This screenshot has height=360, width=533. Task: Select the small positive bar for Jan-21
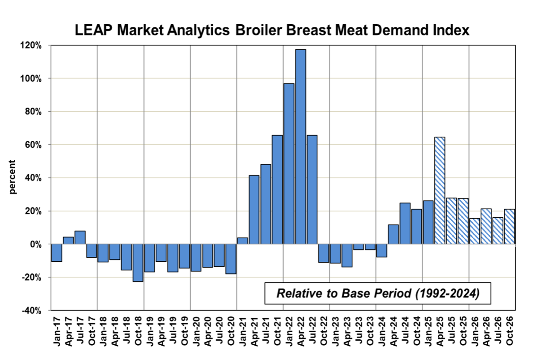pyautogui.click(x=243, y=241)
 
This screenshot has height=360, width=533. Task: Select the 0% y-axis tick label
pyautogui.click(x=36, y=244)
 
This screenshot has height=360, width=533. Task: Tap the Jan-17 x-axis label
pyautogui.click(x=57, y=334)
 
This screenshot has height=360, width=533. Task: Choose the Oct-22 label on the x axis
pyautogui.click(x=323, y=334)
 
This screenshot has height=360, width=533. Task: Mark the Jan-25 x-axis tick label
pyautogui.click(x=428, y=334)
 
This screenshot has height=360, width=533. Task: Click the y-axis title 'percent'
pyautogui.click(x=13, y=177)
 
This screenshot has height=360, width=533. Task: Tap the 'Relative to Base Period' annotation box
pyautogui.click(x=377, y=294)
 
